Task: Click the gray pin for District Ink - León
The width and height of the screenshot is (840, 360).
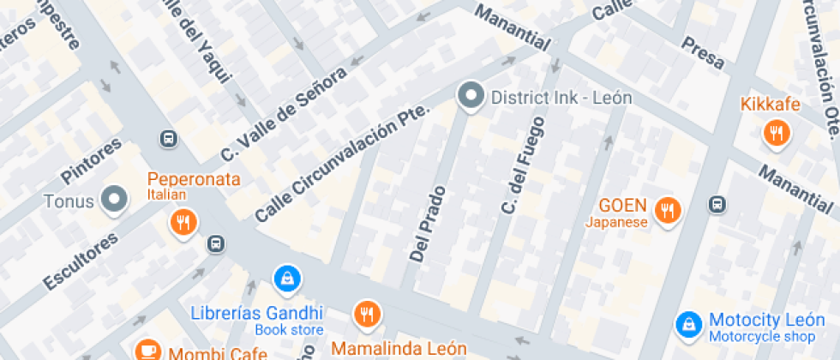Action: click(470, 97)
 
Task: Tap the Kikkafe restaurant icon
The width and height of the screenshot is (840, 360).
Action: click(776, 132)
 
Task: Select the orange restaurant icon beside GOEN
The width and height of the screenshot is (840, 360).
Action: click(666, 209)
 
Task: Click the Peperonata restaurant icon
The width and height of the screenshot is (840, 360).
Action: click(183, 223)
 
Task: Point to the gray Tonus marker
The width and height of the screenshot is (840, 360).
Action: click(113, 200)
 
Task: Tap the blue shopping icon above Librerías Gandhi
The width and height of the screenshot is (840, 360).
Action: click(285, 278)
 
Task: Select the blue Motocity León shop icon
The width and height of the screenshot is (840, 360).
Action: click(687, 323)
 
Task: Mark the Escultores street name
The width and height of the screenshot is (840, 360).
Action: click(80, 260)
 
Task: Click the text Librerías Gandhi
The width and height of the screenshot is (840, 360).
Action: click(256, 313)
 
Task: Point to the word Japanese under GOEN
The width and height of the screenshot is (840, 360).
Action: click(616, 223)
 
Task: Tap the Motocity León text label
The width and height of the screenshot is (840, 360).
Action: click(766, 321)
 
